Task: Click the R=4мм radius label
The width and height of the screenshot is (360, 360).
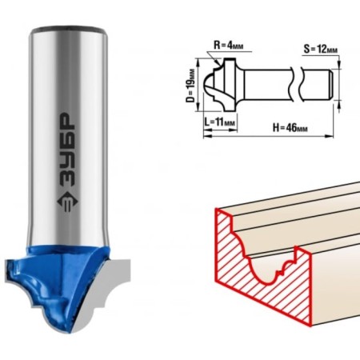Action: [229, 45]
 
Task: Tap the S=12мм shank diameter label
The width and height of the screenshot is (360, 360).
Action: [321, 50]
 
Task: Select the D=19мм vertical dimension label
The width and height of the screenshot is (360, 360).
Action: [190, 85]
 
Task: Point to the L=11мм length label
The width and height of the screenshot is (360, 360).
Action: [220, 122]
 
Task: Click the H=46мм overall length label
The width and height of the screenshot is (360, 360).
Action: [290, 128]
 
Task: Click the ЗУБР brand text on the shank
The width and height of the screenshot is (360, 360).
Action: [66, 149]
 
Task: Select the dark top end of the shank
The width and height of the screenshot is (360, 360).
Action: [68, 30]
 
